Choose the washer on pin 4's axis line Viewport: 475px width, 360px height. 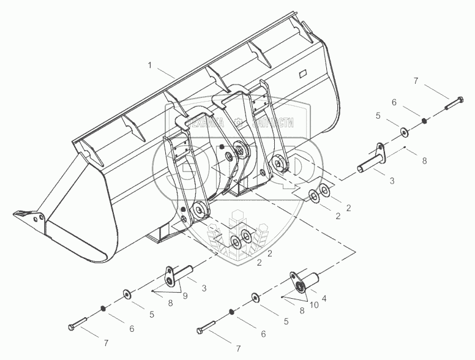click(x=255, y=299)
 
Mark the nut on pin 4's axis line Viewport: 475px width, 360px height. click(x=231, y=312)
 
